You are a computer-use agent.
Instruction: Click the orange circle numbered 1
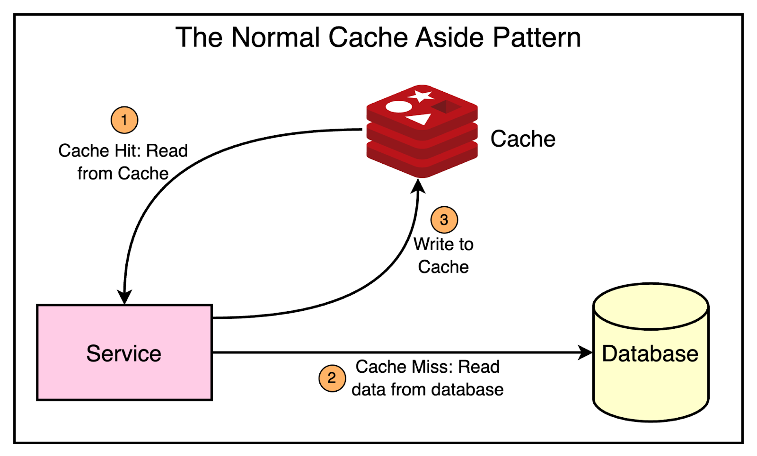(x=124, y=120)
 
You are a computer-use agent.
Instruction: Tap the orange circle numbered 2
(x=332, y=378)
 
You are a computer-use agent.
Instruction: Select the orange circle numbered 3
(x=444, y=220)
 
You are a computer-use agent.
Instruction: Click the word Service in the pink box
(x=124, y=353)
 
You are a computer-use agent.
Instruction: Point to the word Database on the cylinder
(x=650, y=353)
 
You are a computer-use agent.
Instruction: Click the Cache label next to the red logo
(x=523, y=139)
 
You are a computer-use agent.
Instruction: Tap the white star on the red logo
(x=421, y=96)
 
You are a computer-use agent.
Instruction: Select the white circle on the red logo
(x=398, y=107)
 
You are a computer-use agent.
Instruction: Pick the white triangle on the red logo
(x=419, y=119)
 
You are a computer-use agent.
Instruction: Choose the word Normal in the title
(x=276, y=37)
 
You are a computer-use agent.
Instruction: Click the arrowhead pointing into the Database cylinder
(x=586, y=352)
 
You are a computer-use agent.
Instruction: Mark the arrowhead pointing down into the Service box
(x=124, y=297)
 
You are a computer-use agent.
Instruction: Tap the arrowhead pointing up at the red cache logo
(x=418, y=186)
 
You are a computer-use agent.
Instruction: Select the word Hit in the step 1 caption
(x=127, y=150)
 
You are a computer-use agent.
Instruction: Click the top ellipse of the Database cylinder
(x=651, y=306)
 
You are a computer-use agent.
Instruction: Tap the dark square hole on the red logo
(x=446, y=106)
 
